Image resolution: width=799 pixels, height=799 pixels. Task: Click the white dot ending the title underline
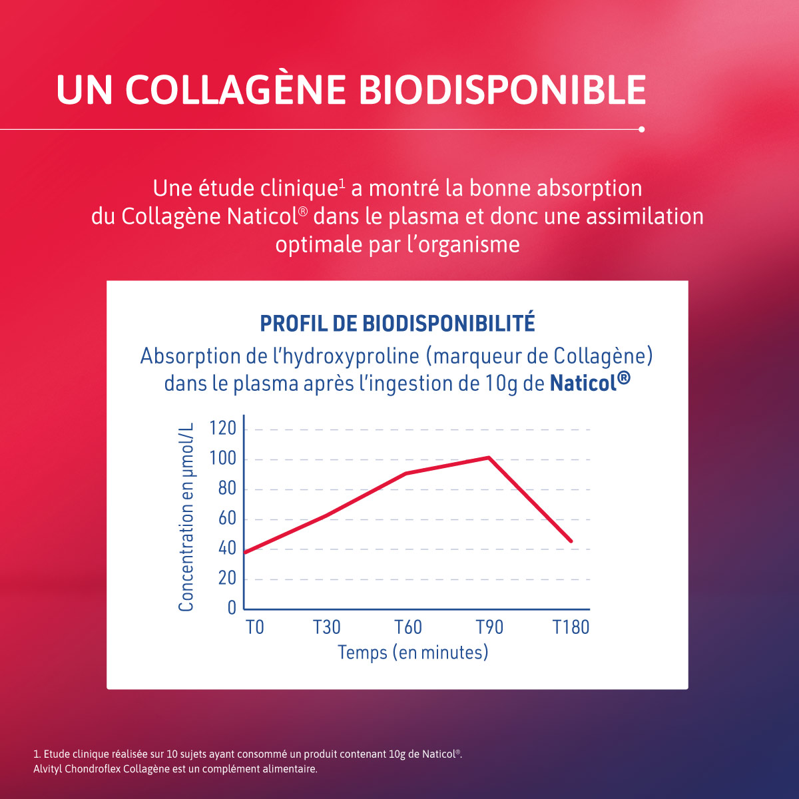point(641,129)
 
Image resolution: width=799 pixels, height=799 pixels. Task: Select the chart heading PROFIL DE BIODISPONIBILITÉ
point(397,324)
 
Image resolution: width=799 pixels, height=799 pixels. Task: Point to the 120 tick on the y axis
point(222,429)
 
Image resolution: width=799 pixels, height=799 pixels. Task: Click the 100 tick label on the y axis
point(222,459)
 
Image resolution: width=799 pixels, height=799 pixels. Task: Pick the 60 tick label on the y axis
point(226,519)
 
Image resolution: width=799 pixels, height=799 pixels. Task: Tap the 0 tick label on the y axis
point(232,608)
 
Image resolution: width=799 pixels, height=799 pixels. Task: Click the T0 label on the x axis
point(255,627)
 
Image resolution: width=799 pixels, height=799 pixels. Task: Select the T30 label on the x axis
point(327,627)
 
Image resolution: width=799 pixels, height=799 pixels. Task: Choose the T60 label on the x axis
point(408,627)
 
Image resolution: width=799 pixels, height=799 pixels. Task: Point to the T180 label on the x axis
point(571,627)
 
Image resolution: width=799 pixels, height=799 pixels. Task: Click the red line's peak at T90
point(489,457)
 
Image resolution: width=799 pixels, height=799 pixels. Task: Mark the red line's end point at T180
point(571,541)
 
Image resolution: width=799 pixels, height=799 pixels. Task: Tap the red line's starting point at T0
point(245,553)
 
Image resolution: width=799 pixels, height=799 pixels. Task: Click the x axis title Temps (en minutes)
point(413,653)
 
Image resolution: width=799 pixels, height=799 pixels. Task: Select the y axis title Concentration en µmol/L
point(186,517)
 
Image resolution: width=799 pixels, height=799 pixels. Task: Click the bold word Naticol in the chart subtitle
point(583,384)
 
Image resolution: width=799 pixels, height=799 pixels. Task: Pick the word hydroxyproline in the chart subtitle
point(351,357)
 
